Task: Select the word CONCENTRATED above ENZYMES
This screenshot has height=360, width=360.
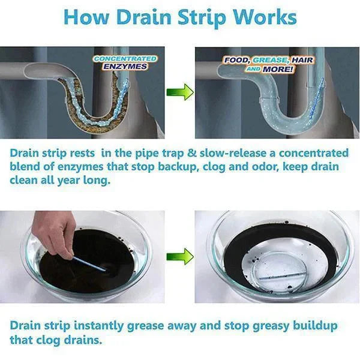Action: click(125, 59)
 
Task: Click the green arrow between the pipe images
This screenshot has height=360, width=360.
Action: click(180, 92)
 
